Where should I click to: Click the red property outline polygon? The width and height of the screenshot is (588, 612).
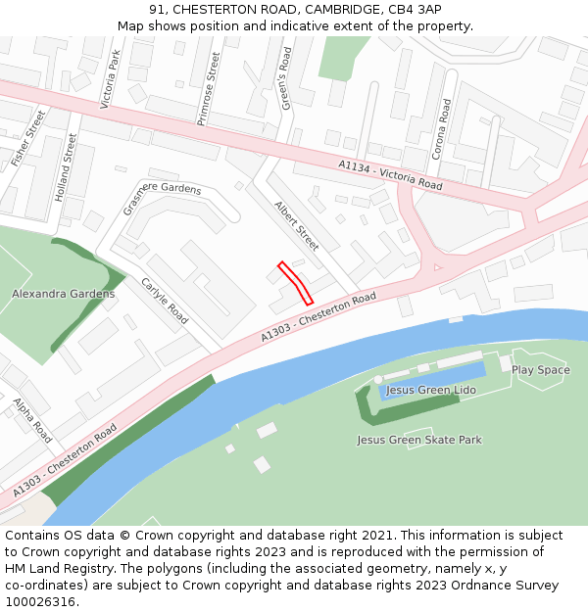(x=296, y=282)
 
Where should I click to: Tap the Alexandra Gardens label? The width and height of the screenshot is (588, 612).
(x=63, y=294)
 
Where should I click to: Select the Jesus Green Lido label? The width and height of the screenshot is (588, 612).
(x=430, y=390)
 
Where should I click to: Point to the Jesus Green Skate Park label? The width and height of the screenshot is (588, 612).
(x=419, y=441)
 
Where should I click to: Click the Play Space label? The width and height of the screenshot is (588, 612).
(x=540, y=370)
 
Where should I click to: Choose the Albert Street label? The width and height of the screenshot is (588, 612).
(x=297, y=226)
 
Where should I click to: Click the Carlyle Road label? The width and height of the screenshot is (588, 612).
(x=165, y=301)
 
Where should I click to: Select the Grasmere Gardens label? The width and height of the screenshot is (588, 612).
(x=162, y=199)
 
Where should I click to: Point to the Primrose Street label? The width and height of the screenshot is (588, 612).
(x=209, y=89)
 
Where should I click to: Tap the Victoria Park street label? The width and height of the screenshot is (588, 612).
(x=111, y=78)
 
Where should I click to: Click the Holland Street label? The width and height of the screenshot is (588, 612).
(x=65, y=167)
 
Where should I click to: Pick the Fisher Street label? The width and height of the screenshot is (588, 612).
(x=27, y=137)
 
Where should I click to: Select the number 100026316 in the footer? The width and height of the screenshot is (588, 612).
(x=40, y=602)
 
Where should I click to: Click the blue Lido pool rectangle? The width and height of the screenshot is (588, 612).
(x=432, y=380)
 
